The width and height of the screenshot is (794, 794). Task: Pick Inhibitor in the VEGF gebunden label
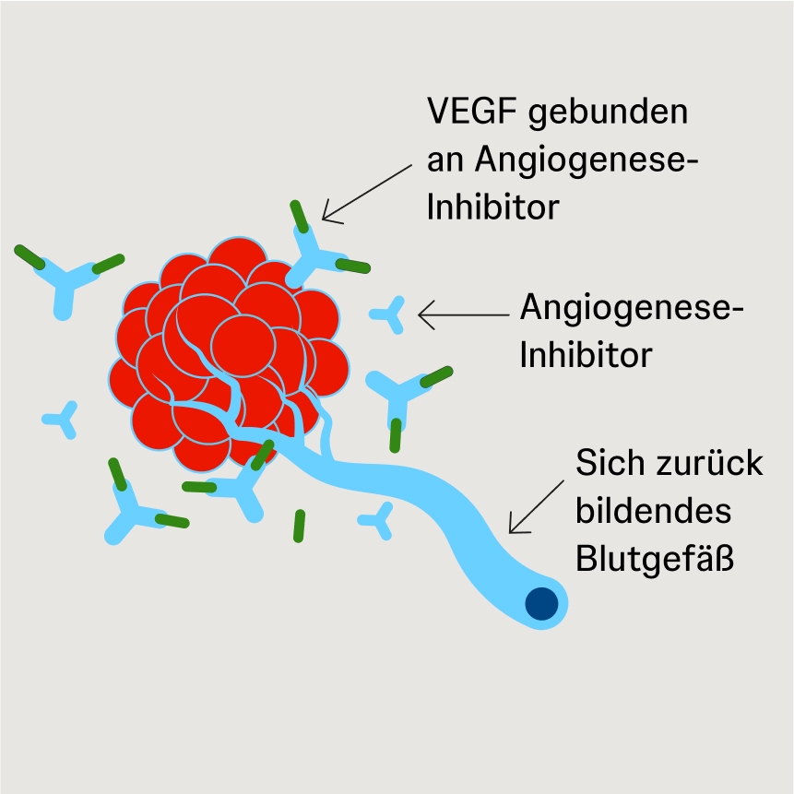pos(492,207)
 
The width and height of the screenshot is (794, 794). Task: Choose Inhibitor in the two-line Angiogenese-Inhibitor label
pos(587,354)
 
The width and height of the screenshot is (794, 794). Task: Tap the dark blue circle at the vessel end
pos(541,604)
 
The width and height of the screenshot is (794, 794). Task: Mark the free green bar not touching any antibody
pos(299,525)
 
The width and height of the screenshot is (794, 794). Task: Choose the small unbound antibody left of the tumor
pos(63,420)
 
